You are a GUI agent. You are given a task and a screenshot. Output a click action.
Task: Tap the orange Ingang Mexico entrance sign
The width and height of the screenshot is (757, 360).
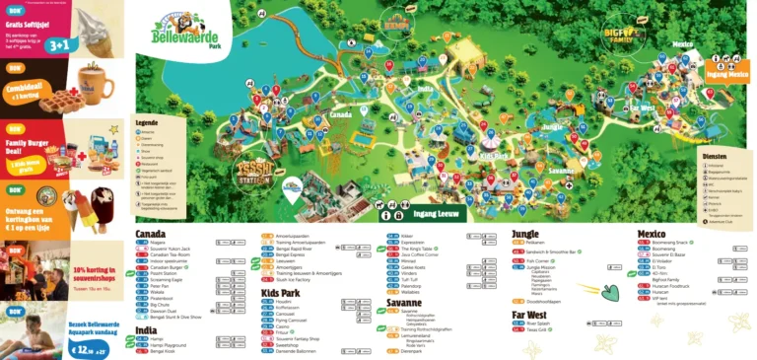click(x=727, y=73)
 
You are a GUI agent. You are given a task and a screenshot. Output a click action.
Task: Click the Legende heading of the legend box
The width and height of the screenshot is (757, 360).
click(x=146, y=123)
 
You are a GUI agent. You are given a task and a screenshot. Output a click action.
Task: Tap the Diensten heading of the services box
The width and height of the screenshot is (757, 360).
click(x=716, y=156)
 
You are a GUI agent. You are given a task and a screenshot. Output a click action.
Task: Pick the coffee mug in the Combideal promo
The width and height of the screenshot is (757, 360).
click(x=97, y=82)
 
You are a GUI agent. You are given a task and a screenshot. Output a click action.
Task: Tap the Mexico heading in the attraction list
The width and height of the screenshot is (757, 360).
click(x=652, y=234)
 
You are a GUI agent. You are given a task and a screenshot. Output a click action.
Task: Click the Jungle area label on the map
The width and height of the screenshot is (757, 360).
click(x=552, y=126)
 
